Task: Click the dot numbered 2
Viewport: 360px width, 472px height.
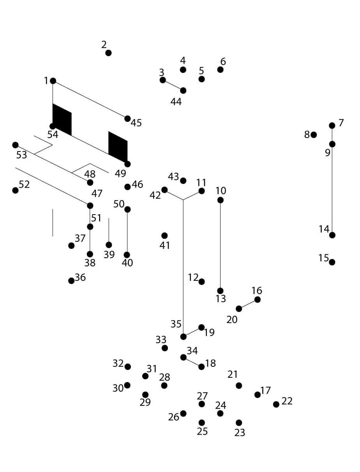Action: (x=108, y=53)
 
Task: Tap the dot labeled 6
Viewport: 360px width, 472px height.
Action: (x=221, y=70)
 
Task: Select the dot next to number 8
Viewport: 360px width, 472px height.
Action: (x=314, y=135)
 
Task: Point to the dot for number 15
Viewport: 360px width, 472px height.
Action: (x=332, y=262)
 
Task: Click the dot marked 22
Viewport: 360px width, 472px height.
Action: (x=276, y=404)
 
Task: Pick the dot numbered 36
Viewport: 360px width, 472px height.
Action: (x=71, y=281)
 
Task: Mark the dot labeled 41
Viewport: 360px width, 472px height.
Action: (x=164, y=236)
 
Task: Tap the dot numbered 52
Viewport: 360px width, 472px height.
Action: (x=15, y=190)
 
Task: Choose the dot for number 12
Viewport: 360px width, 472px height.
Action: (x=201, y=282)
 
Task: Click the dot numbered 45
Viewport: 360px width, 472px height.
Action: (x=127, y=119)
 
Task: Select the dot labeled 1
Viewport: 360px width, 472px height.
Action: (x=53, y=81)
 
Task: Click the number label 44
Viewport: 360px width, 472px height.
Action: (x=176, y=102)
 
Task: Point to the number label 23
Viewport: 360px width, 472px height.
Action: (x=240, y=433)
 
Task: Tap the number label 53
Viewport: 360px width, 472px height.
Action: (x=22, y=155)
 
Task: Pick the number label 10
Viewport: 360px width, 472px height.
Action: (x=221, y=191)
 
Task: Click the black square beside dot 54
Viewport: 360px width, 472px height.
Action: (x=62, y=119)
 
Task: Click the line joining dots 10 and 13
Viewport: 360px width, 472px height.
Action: (x=221, y=245)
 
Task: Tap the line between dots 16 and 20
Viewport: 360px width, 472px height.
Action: (x=248, y=304)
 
